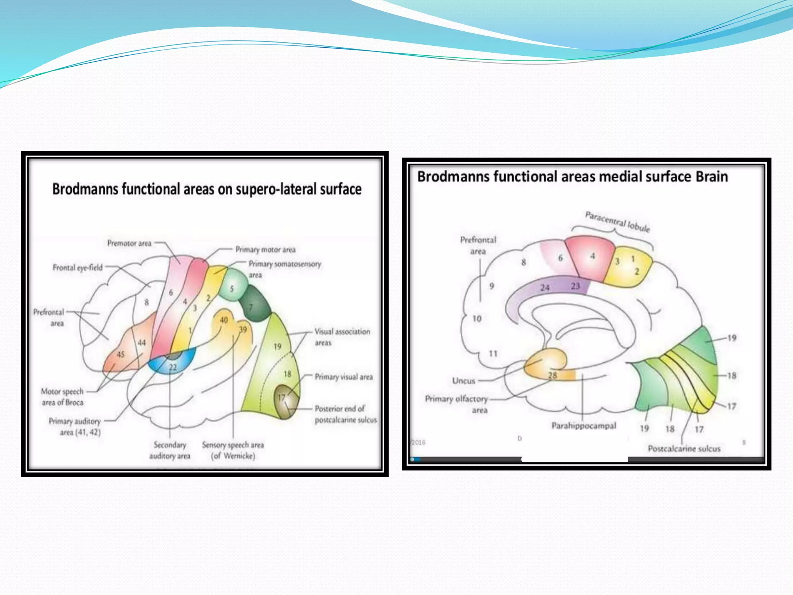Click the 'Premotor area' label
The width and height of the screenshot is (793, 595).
[129, 243]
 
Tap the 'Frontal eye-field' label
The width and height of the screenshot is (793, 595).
[77, 267]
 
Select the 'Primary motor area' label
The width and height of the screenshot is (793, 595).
[265, 249]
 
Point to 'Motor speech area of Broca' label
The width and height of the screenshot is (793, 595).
[62, 397]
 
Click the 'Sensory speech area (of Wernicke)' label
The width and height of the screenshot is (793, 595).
[233, 450]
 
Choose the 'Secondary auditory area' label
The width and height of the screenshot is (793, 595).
[170, 450]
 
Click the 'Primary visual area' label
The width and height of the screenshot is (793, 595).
[343, 377]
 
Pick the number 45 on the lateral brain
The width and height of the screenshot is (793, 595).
[120, 354]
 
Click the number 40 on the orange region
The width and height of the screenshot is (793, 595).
[224, 320]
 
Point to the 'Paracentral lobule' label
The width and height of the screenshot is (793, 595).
[617, 221]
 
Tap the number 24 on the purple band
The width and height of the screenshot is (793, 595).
[545, 287]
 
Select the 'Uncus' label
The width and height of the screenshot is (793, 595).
[463, 381]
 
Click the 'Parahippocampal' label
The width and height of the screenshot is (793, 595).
[584, 426]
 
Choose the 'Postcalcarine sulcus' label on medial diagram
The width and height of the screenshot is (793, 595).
[684, 449]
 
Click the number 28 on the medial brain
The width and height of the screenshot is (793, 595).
[553, 375]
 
